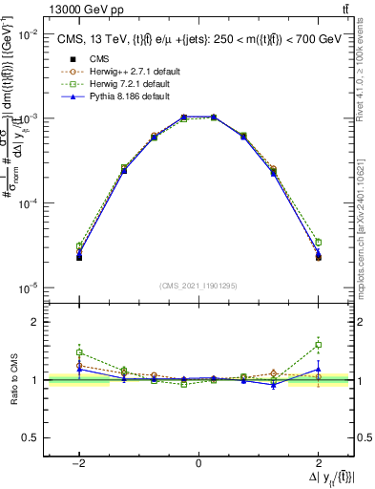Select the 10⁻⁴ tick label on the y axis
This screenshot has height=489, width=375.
pos(31,203)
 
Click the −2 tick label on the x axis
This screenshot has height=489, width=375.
pos(79,463)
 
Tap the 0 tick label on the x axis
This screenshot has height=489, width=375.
pos(198,463)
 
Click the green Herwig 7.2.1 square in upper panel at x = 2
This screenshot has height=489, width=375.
pos(319,243)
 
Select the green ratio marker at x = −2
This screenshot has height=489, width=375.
pos(79,351)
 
